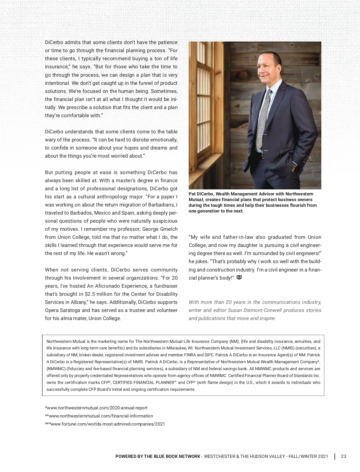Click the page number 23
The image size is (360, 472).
343,456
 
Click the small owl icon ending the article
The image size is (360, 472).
239,277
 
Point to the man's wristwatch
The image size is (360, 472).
295,165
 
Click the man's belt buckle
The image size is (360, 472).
263,156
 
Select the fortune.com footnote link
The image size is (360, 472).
105,424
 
